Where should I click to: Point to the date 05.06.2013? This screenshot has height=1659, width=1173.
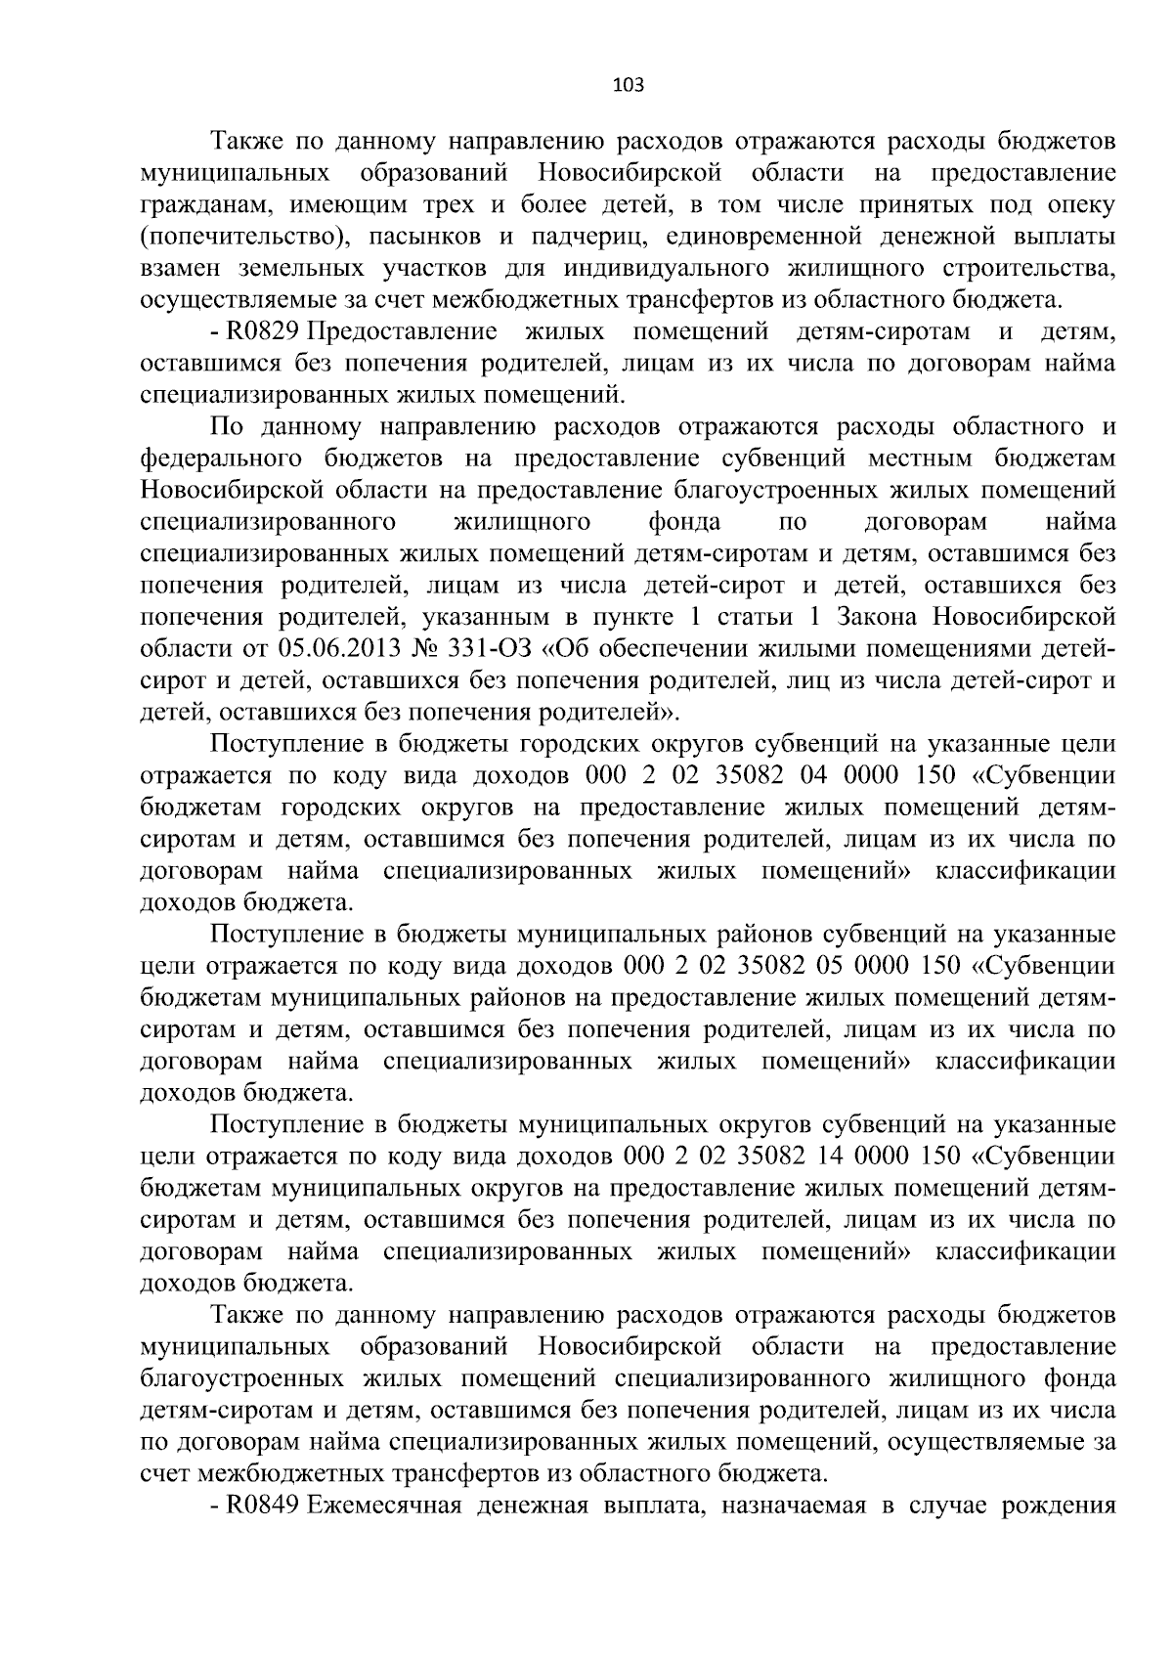(316, 649)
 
